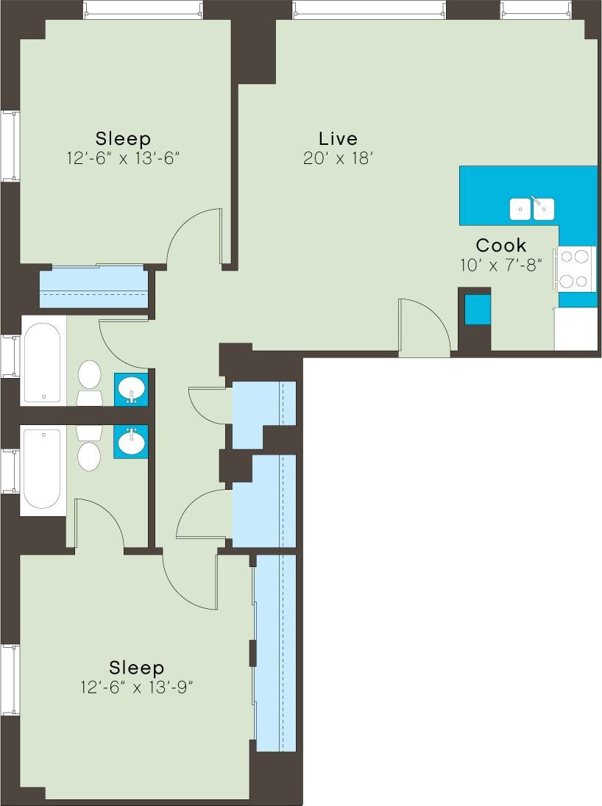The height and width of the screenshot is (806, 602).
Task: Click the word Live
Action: point(338,138)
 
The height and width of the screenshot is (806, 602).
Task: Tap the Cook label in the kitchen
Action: point(501,245)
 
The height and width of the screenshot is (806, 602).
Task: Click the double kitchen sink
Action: point(532,209)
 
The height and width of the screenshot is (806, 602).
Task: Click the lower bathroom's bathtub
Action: point(42,468)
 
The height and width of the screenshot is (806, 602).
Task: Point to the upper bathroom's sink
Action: point(132,388)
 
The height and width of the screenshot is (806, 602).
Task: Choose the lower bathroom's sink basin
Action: point(132,441)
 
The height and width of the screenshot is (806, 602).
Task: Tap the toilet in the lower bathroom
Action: point(89,449)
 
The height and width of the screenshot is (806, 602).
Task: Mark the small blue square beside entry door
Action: point(478,309)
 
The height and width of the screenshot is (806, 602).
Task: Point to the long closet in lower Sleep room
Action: point(275,652)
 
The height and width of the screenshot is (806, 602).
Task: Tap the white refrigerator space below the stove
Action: point(576,329)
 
